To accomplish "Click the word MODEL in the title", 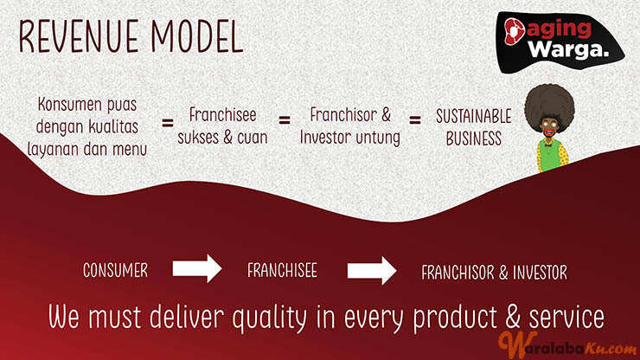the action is pyautogui.click(x=197, y=36).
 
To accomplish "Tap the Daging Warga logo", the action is pyautogui.click(x=560, y=42).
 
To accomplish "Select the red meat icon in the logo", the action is pyautogui.click(x=514, y=31).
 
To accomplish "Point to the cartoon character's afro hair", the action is pyautogui.click(x=549, y=107).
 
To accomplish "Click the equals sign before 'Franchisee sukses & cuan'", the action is pyautogui.click(x=167, y=123).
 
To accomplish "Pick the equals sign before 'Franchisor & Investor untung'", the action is pyautogui.click(x=285, y=120).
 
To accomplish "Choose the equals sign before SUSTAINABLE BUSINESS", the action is pyautogui.click(x=415, y=120).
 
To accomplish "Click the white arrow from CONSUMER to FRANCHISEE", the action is pyautogui.click(x=197, y=268).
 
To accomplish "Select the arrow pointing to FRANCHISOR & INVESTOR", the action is pyautogui.click(x=372, y=271).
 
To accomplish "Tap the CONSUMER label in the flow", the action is pyautogui.click(x=116, y=271).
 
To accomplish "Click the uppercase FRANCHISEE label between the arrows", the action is pyautogui.click(x=282, y=271).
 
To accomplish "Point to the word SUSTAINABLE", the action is pyautogui.click(x=473, y=117).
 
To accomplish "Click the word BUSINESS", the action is pyautogui.click(x=473, y=139).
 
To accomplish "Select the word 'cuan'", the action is pyautogui.click(x=252, y=138).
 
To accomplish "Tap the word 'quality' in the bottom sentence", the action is pyautogui.click(x=269, y=318).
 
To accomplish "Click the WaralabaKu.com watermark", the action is pyautogui.click(x=567, y=345).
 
